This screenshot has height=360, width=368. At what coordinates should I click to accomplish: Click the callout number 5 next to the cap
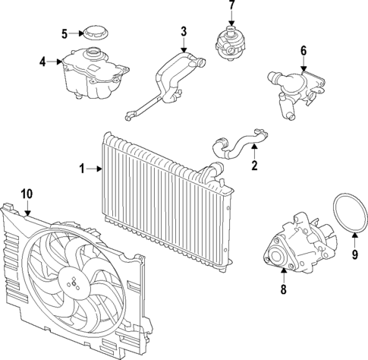coord(64,33)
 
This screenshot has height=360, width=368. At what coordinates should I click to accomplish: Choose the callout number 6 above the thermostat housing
coord(304,51)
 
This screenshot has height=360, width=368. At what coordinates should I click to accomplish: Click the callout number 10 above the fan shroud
coord(26,194)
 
